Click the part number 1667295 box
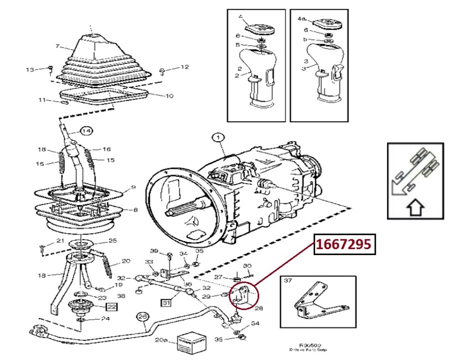pyautogui.click(x=345, y=244)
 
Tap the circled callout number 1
pyautogui.click(x=218, y=137)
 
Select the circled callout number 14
pyautogui.click(x=86, y=131)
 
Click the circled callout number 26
pyautogui.click(x=143, y=317)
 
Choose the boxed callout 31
pyautogui.click(x=167, y=303)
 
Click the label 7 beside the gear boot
pyautogui.click(x=57, y=46)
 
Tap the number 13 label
pyautogui.click(x=30, y=69)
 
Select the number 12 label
pyautogui.click(x=184, y=67)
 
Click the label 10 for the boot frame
pyautogui.click(x=169, y=96)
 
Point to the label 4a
pyautogui.click(x=302, y=19)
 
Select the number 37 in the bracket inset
pyautogui.click(x=288, y=280)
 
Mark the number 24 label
pyautogui.click(x=105, y=319)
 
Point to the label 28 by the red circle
pyautogui.click(x=259, y=308)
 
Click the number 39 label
pyautogui.click(x=155, y=251)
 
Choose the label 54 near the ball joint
pyautogui.click(x=255, y=323)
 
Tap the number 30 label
pyautogui.click(x=248, y=265)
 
